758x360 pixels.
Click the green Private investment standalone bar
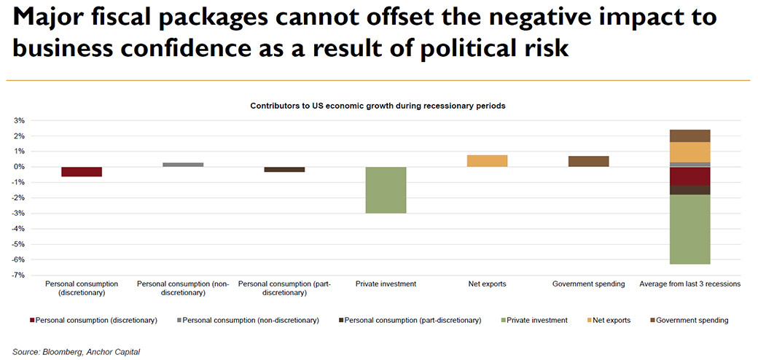click(386, 190)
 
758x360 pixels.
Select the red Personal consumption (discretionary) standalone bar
click(82, 171)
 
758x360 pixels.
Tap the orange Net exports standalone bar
click(488, 161)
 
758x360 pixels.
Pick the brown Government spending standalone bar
click(588, 161)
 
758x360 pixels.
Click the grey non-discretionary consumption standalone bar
click(183, 165)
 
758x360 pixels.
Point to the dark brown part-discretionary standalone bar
click(284, 169)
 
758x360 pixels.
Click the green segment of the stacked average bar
click(689, 229)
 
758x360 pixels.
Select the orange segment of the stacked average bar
click(689, 152)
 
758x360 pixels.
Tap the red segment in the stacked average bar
click(689, 176)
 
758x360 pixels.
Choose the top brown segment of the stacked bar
click(689, 136)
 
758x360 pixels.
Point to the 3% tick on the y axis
click(21, 120)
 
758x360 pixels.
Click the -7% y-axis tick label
click(20, 275)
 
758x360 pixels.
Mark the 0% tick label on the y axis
click(21, 167)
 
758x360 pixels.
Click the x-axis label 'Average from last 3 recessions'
click(689, 283)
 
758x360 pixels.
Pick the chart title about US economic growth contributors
click(378, 106)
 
